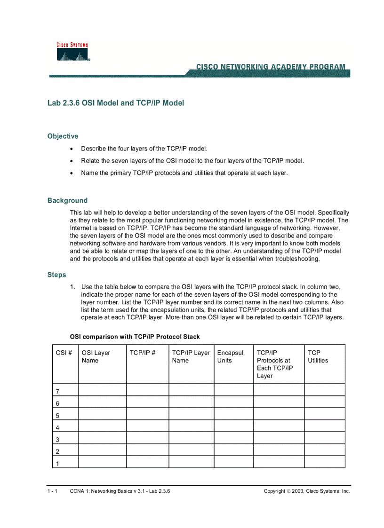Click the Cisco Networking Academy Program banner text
pyautogui.click(x=270, y=67)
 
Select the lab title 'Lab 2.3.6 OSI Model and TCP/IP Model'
pyautogui.click(x=115, y=103)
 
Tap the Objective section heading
pyautogui.click(x=63, y=136)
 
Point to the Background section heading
pyautogui.click(x=67, y=201)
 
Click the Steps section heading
pyautogui.click(x=56, y=275)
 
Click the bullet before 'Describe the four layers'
pyautogui.click(x=72, y=149)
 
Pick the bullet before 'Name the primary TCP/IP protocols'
pyautogui.click(x=72, y=173)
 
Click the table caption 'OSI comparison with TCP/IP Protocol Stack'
pyautogui.click(x=135, y=337)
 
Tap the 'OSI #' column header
pyautogui.click(x=64, y=353)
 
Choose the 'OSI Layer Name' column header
pyautogui.click(x=96, y=357)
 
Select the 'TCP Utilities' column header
pyautogui.click(x=318, y=357)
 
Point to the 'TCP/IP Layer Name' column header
pyautogui.click(x=191, y=357)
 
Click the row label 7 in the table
pyautogui.click(x=57, y=392)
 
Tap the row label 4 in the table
pyautogui.click(x=57, y=428)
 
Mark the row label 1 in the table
pyautogui.click(x=57, y=464)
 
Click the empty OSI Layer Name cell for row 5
pyautogui.click(x=102, y=416)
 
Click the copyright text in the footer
pyautogui.click(x=306, y=491)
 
